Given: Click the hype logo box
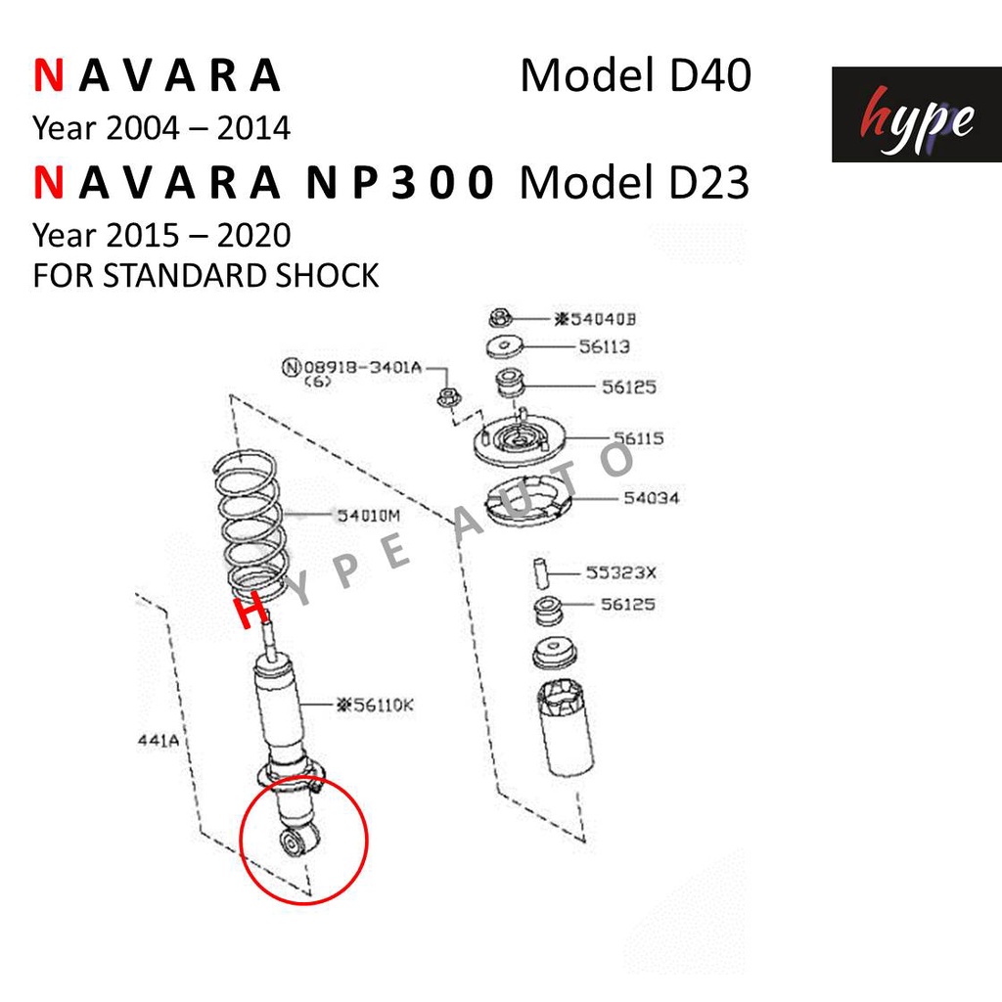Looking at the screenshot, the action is pyautogui.click(x=916, y=114).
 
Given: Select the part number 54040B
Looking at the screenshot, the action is pyautogui.click(x=595, y=319).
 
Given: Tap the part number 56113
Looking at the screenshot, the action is pyautogui.click(x=604, y=346).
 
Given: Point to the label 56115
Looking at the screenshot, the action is pyautogui.click(x=638, y=438).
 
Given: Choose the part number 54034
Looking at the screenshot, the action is pyautogui.click(x=651, y=498).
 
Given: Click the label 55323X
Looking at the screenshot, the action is pyautogui.click(x=621, y=572).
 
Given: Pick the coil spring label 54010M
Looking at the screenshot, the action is pyautogui.click(x=369, y=515).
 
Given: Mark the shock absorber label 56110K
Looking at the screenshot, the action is pyautogui.click(x=375, y=705).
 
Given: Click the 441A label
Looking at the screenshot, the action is pyautogui.click(x=159, y=741).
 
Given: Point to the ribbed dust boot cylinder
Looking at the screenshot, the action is pyautogui.click(x=567, y=728).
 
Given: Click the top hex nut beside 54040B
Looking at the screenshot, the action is pyautogui.click(x=500, y=318).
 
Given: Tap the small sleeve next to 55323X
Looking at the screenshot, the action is pyautogui.click(x=541, y=572).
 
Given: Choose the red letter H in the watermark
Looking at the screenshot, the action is pyautogui.click(x=250, y=610).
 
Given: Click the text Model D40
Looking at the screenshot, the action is pyautogui.click(x=636, y=75).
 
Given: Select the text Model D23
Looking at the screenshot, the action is pyautogui.click(x=634, y=183).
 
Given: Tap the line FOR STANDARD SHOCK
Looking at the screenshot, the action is pyautogui.click(x=205, y=275).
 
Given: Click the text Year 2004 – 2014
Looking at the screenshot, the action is pyautogui.click(x=161, y=128).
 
